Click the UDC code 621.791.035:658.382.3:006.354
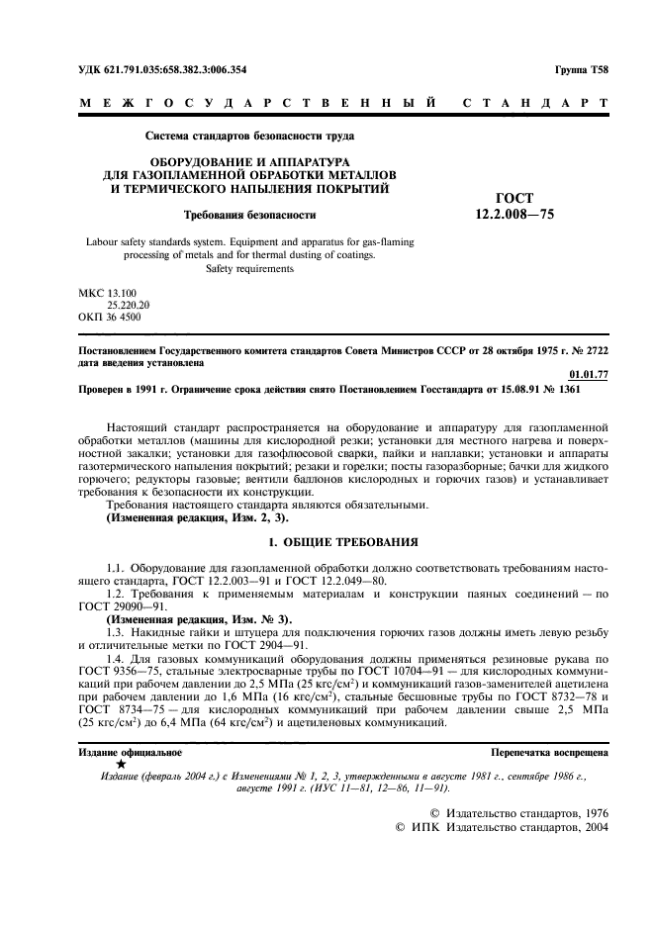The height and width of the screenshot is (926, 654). pos(162,70)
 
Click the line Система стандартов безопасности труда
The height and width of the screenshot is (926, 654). pos(249,135)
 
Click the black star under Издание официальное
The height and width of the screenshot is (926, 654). pos(120,765)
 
